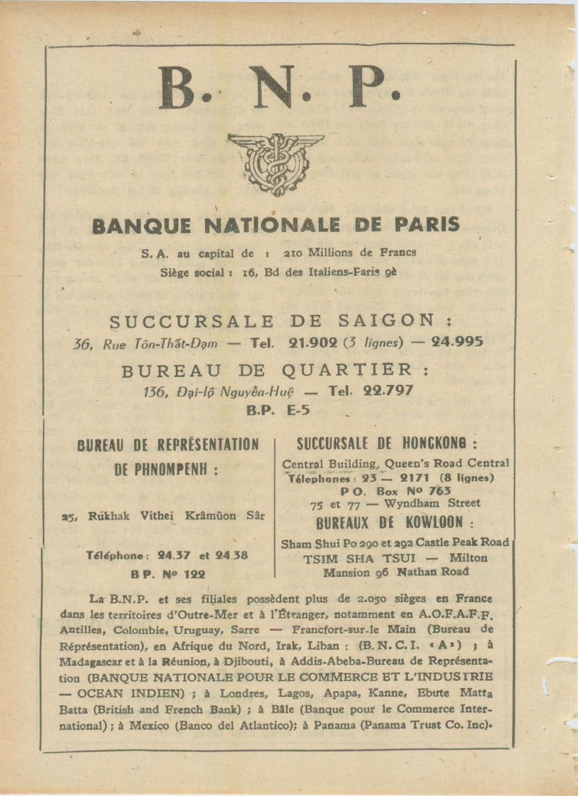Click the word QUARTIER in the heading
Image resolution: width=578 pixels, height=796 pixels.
point(348,370)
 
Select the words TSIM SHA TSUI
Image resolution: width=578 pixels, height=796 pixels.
point(362,559)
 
